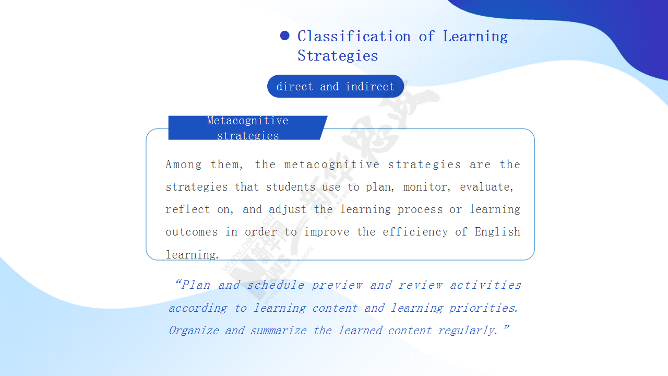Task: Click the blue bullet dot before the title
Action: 285,36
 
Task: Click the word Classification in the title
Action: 354,37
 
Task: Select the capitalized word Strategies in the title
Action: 338,56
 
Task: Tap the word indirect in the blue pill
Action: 370,87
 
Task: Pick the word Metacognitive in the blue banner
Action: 247,121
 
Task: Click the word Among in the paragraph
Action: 183,164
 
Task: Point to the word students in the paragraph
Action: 291,187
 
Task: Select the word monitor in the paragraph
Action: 425,187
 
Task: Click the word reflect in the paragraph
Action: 187,209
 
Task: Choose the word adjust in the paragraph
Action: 288,209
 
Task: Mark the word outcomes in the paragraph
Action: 192,232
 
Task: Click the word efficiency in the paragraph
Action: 415,232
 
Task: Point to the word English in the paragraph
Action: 497,231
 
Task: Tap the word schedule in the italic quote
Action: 276,285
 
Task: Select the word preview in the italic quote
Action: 337,286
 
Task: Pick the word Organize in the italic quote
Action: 194,331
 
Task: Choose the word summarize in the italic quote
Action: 278,331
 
